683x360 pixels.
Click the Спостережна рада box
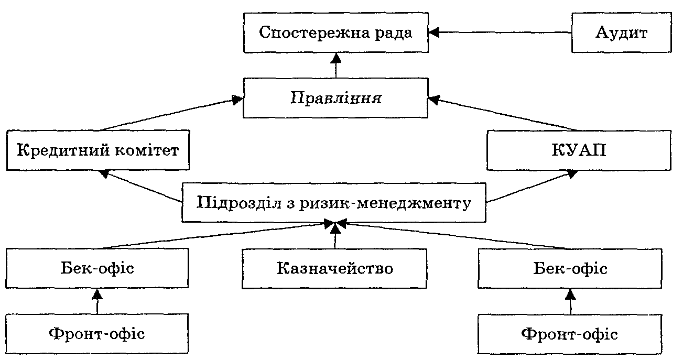tap(336, 33)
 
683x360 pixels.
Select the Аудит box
tap(622, 33)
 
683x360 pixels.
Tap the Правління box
tap(336, 98)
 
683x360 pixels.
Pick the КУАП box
tap(579, 151)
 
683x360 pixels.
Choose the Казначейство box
tap(334, 269)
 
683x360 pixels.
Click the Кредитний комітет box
tap(98, 151)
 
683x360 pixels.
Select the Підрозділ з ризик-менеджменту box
tap(333, 202)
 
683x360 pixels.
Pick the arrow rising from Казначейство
tap(335, 235)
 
